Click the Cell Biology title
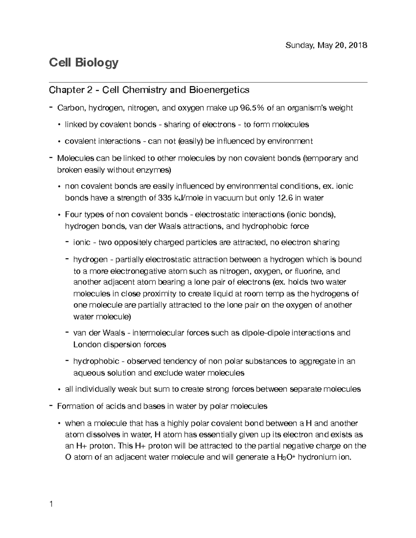(84, 63)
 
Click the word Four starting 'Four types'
(73, 215)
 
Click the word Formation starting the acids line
(74, 406)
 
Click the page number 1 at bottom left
(51, 504)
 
